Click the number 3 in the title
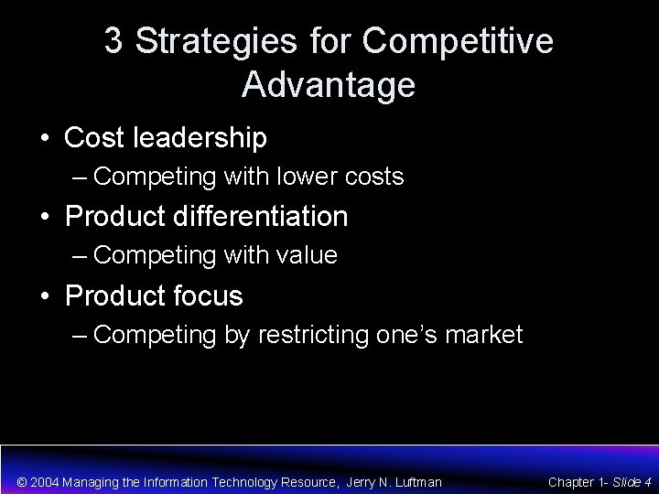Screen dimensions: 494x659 point(114,41)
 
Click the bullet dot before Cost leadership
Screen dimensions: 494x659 point(44,139)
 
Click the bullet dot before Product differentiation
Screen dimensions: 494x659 point(44,218)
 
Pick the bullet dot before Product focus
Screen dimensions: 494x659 point(44,297)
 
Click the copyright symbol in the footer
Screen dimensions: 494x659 point(23,481)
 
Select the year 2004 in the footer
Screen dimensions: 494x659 point(49,481)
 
